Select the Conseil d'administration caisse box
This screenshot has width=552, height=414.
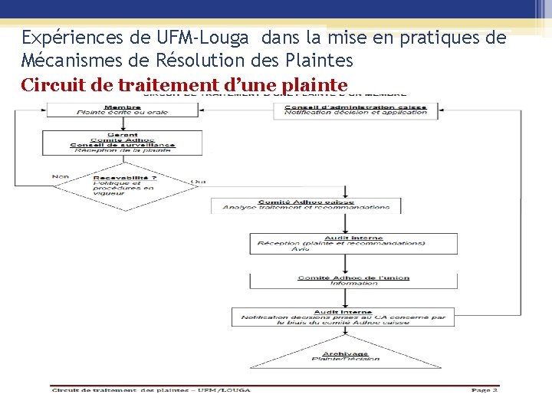click(x=356, y=110)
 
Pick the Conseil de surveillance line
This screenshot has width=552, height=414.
click(x=123, y=145)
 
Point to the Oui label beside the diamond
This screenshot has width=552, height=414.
click(x=199, y=182)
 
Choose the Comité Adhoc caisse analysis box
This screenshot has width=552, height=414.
click(x=306, y=204)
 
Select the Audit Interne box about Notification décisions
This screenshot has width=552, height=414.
click(x=343, y=317)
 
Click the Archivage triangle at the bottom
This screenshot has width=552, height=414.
click(x=345, y=356)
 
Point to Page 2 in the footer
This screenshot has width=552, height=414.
click(x=485, y=390)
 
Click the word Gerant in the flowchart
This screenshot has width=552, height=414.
click(x=123, y=134)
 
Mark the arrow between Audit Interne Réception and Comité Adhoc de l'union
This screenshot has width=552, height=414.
click(x=346, y=264)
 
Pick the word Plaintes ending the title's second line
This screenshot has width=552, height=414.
click(x=316, y=60)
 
